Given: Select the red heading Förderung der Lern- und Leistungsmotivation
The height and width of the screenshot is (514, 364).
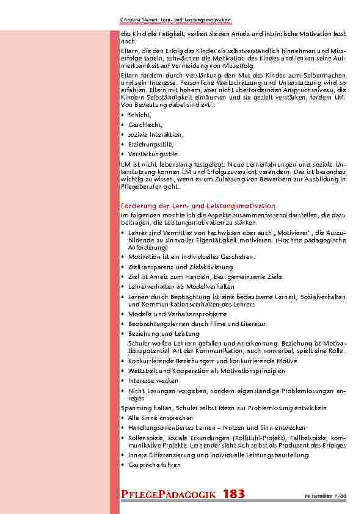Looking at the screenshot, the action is pyautogui.click(x=198, y=206).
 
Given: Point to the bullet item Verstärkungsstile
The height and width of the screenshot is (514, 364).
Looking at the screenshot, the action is pyautogui.click(x=152, y=154).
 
